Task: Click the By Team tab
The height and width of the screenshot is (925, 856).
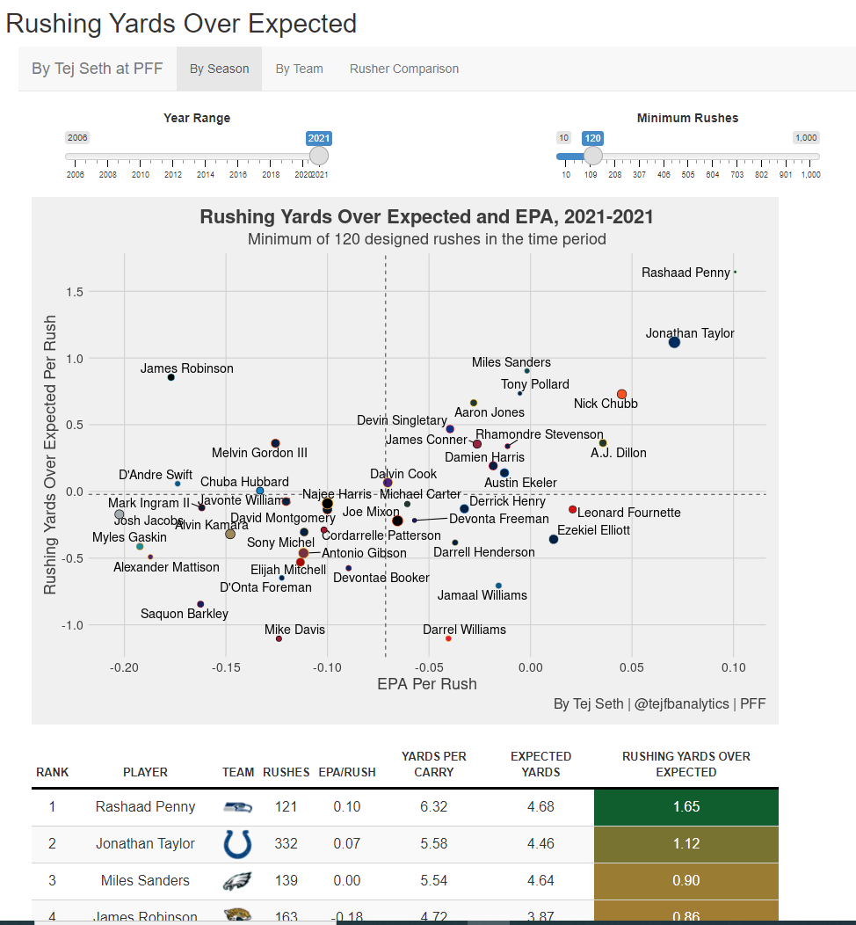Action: (299, 69)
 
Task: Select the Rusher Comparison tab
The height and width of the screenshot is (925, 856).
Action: (404, 69)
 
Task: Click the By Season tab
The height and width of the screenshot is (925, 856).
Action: (219, 69)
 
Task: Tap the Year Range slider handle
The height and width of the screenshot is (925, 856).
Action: (319, 156)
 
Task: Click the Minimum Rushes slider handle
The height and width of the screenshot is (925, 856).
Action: (593, 156)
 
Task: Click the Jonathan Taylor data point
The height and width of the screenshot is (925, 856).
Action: (674, 342)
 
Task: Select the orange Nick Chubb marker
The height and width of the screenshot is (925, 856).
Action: (622, 395)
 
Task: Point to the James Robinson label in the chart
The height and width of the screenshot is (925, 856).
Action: (187, 368)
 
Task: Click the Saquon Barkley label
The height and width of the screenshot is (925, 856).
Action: (185, 614)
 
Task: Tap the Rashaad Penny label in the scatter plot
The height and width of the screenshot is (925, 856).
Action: (686, 273)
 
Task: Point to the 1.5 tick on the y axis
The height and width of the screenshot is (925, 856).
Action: (74, 292)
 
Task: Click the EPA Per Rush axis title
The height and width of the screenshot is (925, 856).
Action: (427, 684)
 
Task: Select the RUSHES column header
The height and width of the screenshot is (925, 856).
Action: (286, 772)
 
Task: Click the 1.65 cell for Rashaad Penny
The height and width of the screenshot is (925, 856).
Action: (686, 806)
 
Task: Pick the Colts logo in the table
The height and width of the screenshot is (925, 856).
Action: (237, 843)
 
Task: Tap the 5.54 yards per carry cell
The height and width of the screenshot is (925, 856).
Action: (433, 880)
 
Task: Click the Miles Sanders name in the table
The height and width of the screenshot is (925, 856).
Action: (145, 880)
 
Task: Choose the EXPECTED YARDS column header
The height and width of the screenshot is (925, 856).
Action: (540, 764)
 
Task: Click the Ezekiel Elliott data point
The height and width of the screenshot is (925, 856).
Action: (554, 539)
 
